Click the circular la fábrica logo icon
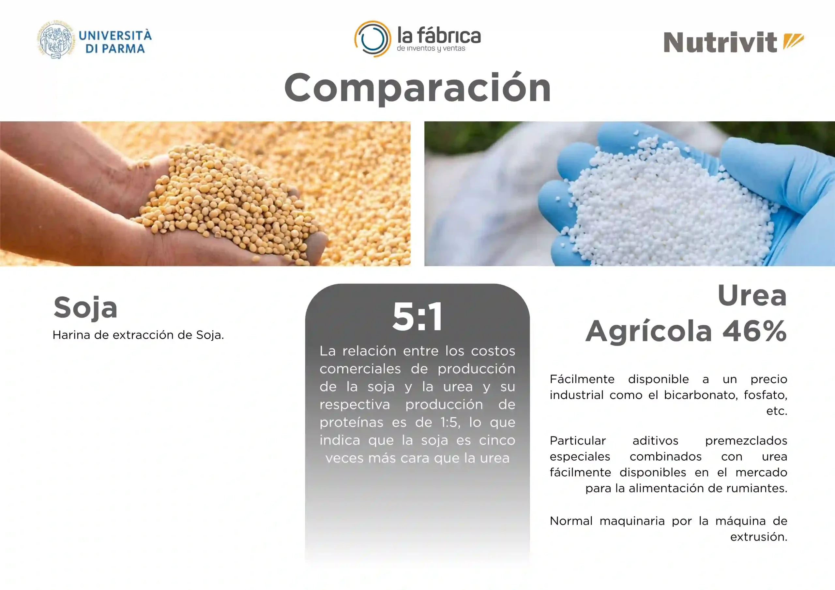(373, 39)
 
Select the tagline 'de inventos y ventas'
(431, 49)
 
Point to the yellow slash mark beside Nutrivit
(793, 41)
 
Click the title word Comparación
(417, 88)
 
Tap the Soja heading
(85, 307)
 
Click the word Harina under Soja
(71, 335)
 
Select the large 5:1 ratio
(417, 317)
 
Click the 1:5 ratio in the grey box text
(450, 422)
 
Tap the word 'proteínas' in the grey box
(351, 423)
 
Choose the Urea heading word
(752, 295)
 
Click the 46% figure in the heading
(755, 331)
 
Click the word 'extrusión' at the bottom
(759, 537)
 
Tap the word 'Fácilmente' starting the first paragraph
(582, 379)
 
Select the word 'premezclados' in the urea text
(746, 441)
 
